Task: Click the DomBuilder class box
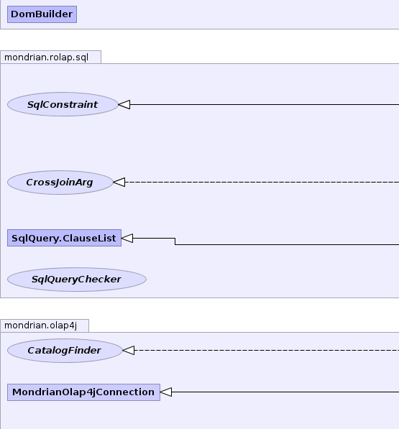pos(42,14)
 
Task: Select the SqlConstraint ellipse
pos(63,104)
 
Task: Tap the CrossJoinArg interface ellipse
pos(60,183)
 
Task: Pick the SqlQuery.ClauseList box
pos(64,238)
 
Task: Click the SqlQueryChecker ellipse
pos(77,280)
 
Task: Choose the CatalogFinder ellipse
pos(65,351)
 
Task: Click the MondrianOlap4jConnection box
pos(83,392)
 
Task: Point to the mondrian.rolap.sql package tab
pos(50,57)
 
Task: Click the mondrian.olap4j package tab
pos(45,326)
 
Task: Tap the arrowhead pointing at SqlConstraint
pos(124,104)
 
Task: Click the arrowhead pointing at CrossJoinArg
pos(119,183)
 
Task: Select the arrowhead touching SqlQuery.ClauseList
pos(127,238)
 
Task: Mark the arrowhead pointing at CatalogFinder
pos(129,350)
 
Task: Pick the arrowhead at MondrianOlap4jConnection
pos(166,392)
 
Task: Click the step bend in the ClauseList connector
pos(175,241)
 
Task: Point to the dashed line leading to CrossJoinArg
pos(262,183)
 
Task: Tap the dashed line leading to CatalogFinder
pos(267,350)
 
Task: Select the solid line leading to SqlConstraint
pos(265,104)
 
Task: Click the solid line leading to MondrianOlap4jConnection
pos(285,392)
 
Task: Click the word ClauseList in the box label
pos(89,239)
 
